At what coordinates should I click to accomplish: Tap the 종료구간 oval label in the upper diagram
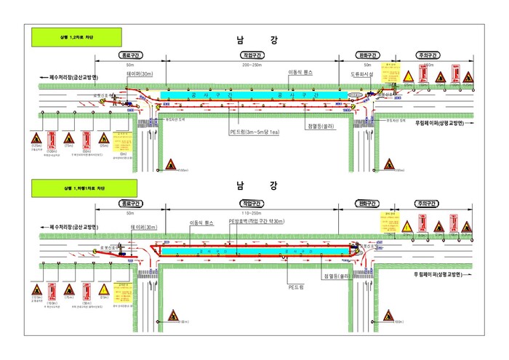(x=132, y=55)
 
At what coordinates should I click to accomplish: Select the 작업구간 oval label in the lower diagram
(x=252, y=204)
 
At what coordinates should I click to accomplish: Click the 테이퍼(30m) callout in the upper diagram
(x=139, y=74)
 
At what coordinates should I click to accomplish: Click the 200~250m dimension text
(x=252, y=65)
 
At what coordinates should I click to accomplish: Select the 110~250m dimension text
(x=252, y=214)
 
